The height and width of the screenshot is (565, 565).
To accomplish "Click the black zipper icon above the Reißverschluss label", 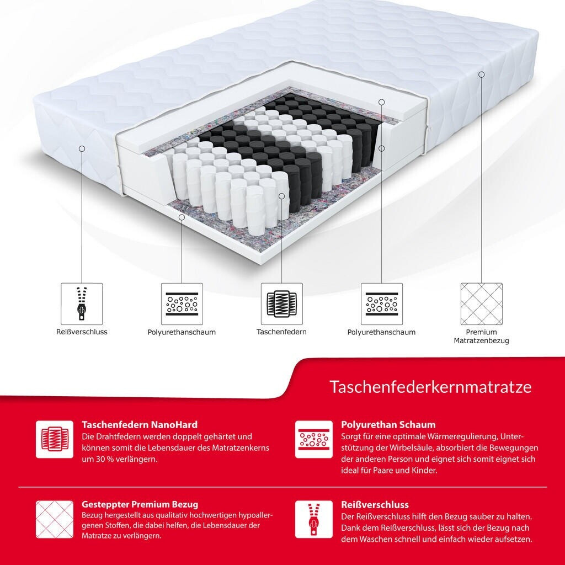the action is [82, 303].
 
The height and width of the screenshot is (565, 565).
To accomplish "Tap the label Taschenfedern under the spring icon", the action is [281, 332].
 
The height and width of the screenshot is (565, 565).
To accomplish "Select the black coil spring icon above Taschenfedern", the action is [282, 303].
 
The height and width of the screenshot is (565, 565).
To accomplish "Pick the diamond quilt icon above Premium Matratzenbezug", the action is [481, 303].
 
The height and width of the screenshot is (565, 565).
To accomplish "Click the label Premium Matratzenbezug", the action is [481, 336].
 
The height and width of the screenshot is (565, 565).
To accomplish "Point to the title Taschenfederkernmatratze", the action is [430, 387].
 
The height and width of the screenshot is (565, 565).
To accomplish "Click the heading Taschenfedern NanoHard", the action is [140, 424].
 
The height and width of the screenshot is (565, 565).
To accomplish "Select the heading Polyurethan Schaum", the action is [388, 424].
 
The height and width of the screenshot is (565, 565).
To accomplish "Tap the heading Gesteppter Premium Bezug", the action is [140, 504].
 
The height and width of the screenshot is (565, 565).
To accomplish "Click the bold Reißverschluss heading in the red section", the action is [375, 504].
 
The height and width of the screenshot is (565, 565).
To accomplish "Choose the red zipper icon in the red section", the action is [314, 519].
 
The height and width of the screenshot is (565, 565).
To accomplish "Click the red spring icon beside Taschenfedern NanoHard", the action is [55, 439].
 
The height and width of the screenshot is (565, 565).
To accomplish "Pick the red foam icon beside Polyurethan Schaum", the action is [314, 439].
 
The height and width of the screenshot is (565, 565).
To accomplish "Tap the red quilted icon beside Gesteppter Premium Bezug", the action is [55, 519].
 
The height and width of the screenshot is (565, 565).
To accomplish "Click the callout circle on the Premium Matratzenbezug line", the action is [481, 74].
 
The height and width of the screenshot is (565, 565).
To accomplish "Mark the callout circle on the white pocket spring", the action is [282, 196].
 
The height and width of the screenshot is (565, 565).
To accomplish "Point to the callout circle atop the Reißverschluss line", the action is [82, 148].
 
